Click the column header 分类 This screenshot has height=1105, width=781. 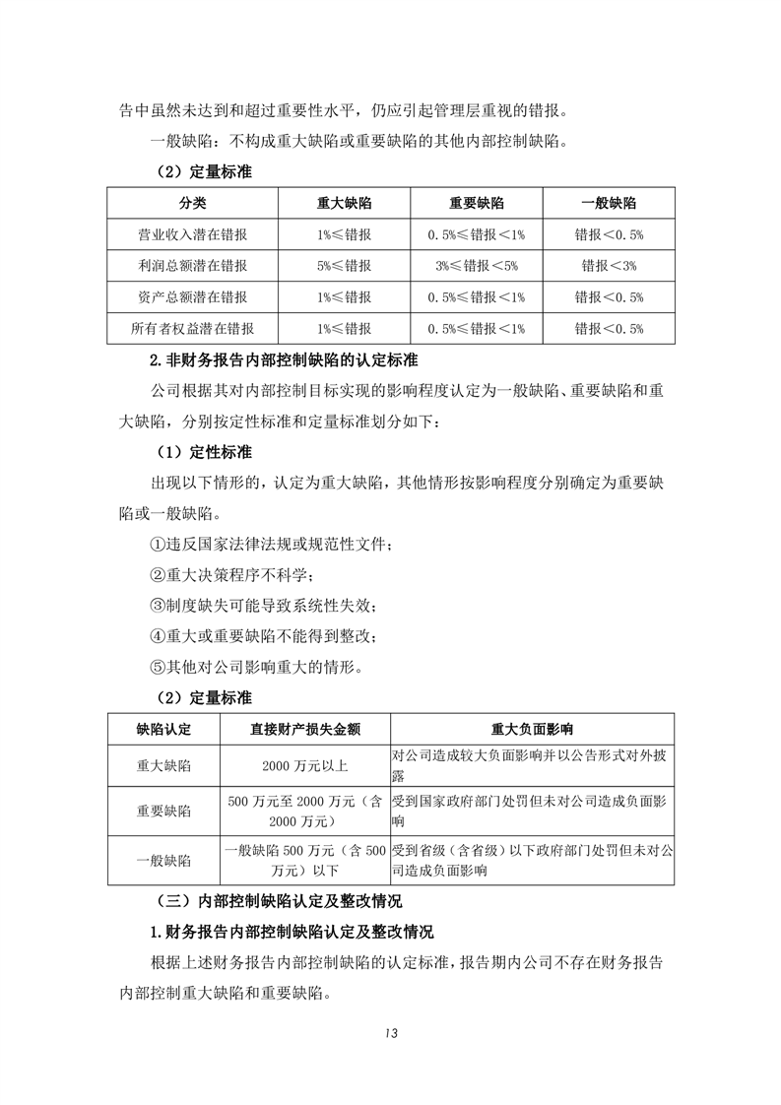tap(193, 203)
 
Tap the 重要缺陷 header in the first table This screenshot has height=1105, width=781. tap(477, 203)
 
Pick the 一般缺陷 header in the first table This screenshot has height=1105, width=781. tap(609, 203)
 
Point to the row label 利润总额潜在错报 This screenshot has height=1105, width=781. tap(193, 266)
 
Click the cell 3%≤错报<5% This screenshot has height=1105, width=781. tap(477, 266)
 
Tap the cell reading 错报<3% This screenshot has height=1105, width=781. tap(609, 266)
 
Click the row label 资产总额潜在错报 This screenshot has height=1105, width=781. tap(193, 296)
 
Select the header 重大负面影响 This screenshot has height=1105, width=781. tap(533, 730)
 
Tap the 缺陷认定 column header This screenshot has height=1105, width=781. tap(163, 730)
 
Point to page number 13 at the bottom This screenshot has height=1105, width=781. tap(390, 1033)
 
